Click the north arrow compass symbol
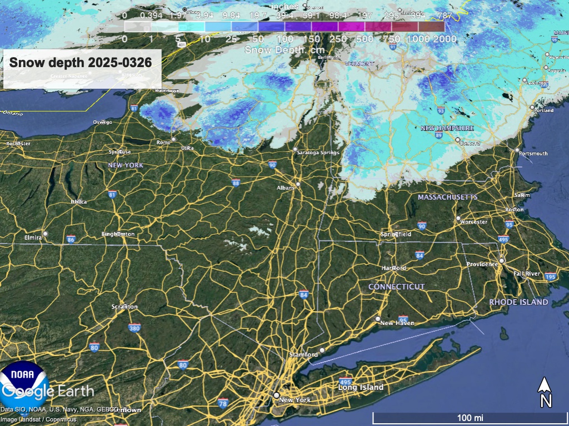pos(546,392)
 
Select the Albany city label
pos(286,188)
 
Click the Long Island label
pos(361,387)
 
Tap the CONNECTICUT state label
pos(396,287)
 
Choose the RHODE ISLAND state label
pos(518,302)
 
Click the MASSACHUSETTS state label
pos(447,197)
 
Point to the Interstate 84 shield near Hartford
pos(419,255)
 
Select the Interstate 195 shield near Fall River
pos(551,277)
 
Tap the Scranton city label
pos(124,307)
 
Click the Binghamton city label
pos(118,234)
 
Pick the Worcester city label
pos(473,222)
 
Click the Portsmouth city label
pos(533,154)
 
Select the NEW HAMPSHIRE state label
pos(447,128)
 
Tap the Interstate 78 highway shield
pos(223,403)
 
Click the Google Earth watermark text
pos(48,391)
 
